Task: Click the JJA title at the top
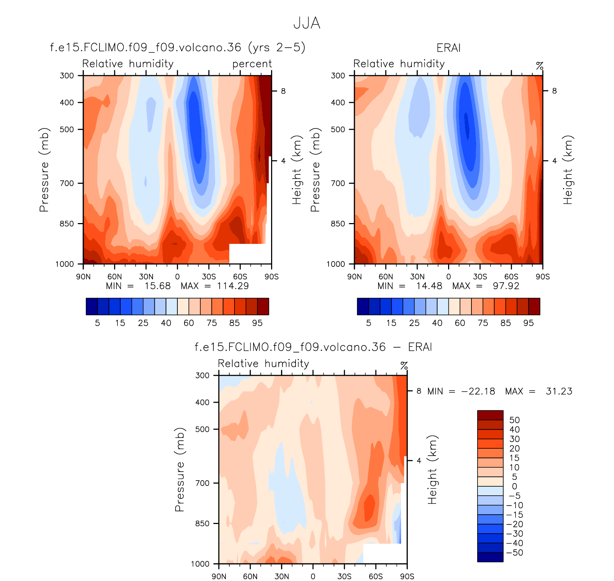(307, 23)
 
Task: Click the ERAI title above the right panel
(448, 48)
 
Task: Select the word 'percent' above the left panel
(252, 64)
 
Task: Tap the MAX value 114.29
(233, 286)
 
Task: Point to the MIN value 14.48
(429, 286)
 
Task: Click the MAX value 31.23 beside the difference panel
(559, 391)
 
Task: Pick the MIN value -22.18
(478, 391)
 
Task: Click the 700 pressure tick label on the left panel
(66, 183)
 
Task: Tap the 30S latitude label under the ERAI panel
(480, 277)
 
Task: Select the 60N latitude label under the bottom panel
(250, 576)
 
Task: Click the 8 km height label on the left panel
(283, 91)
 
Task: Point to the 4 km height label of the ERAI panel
(554, 161)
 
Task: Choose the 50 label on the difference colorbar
(515, 420)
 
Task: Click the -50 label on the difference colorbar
(515, 553)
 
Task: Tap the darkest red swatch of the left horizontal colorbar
(263, 306)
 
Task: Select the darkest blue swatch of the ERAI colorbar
(363, 306)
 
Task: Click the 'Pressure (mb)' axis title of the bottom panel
(180, 469)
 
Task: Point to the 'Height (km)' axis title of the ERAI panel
(567, 170)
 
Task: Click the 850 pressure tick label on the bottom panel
(202, 524)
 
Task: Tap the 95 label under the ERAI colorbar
(529, 323)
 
